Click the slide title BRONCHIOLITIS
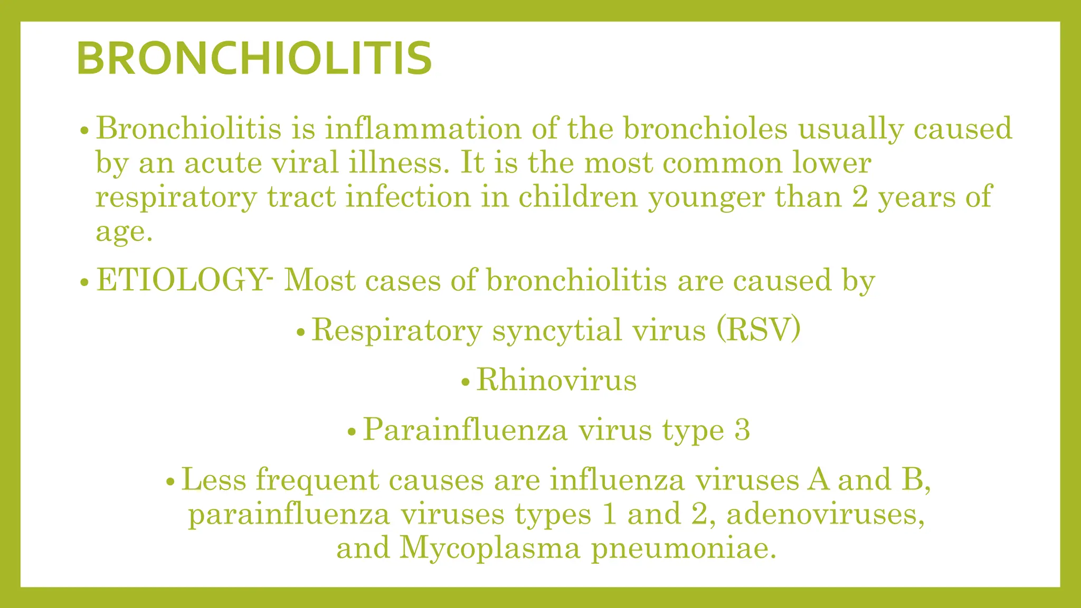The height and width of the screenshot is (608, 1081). point(254,58)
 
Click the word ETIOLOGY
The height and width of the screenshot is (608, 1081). point(181,280)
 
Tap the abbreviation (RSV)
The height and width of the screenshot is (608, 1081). point(758,330)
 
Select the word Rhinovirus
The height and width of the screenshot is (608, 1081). point(556,380)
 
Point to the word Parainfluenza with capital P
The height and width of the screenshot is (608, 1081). point(465,430)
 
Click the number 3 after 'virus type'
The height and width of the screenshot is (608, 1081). point(742,430)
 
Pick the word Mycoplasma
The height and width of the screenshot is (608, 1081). point(490,548)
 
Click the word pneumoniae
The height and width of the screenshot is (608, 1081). point(684,549)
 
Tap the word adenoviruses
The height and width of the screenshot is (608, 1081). point(826,514)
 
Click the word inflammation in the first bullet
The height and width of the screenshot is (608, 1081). point(423,128)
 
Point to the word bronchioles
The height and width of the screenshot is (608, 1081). point(705,128)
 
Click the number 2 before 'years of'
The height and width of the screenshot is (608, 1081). point(860,197)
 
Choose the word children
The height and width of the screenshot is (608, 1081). point(578,197)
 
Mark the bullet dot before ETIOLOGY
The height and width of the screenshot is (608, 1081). point(84,282)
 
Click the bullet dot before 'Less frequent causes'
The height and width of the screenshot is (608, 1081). point(170,481)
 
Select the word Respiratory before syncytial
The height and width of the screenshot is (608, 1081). point(397,331)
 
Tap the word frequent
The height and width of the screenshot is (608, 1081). point(317,480)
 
